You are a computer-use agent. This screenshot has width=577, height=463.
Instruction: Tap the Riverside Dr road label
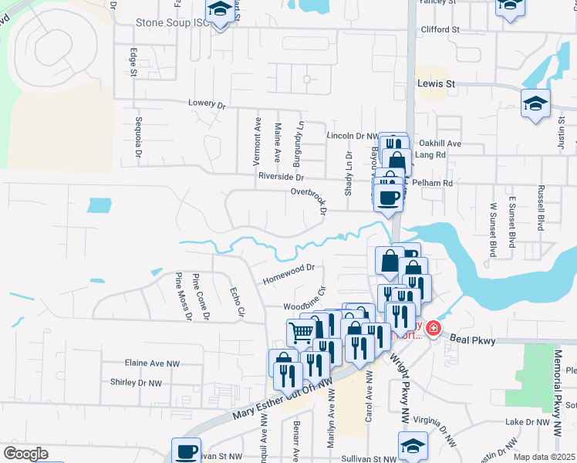click(x=281, y=176)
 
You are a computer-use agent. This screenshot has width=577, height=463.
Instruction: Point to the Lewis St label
click(x=437, y=83)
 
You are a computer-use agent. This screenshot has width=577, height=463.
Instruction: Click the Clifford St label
click(x=440, y=29)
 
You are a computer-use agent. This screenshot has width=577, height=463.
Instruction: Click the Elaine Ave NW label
click(x=151, y=362)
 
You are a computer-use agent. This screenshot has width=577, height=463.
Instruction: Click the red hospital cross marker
click(x=433, y=329)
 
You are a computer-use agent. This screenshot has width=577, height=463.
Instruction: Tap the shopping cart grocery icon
click(x=301, y=333)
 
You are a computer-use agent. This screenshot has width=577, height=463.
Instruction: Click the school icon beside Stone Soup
click(x=221, y=11)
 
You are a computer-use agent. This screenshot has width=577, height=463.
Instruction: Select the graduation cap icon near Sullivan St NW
click(x=413, y=445)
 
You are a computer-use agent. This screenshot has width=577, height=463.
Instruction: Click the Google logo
click(x=25, y=454)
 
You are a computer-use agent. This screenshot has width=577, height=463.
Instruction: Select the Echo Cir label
click(x=237, y=302)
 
